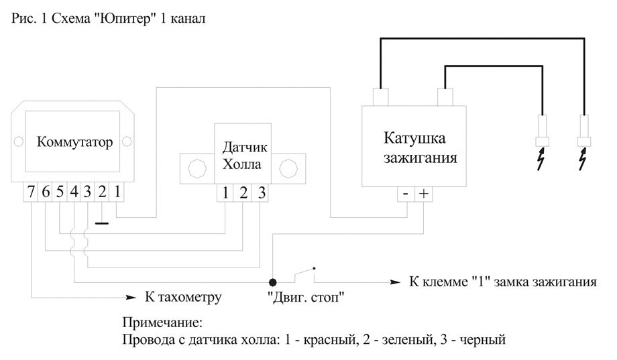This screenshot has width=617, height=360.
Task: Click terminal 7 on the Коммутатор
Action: coord(30,192)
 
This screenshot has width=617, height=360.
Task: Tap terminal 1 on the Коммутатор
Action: coord(117,192)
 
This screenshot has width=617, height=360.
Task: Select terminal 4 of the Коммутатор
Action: coord(74,192)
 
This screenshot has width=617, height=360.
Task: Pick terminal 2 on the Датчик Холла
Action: coord(243,193)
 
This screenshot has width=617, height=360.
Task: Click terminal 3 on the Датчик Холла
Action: coord(260,193)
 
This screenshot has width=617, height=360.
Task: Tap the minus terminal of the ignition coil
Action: coord(406,194)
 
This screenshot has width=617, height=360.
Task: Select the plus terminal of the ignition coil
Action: coord(423,194)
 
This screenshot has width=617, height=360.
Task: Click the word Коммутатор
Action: coord(74,141)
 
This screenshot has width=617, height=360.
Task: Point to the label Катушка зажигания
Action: coord(420,147)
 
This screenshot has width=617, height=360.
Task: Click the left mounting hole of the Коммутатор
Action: coord(18,141)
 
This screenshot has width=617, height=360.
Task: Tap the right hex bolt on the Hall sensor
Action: coord(288,169)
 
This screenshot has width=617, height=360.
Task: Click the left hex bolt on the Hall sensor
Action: coord(197,169)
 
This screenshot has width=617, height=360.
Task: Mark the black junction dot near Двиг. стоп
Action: coord(272,282)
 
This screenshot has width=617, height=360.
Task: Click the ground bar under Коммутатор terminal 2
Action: coord(101,223)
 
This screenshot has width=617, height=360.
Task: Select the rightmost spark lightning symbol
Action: coord(583,159)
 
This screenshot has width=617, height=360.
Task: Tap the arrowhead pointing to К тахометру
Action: coord(131,298)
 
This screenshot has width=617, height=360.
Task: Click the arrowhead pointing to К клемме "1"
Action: coord(395,282)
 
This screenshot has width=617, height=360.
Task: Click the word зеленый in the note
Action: coord(398,339)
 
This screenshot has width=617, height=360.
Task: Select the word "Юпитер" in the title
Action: coord(125,18)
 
